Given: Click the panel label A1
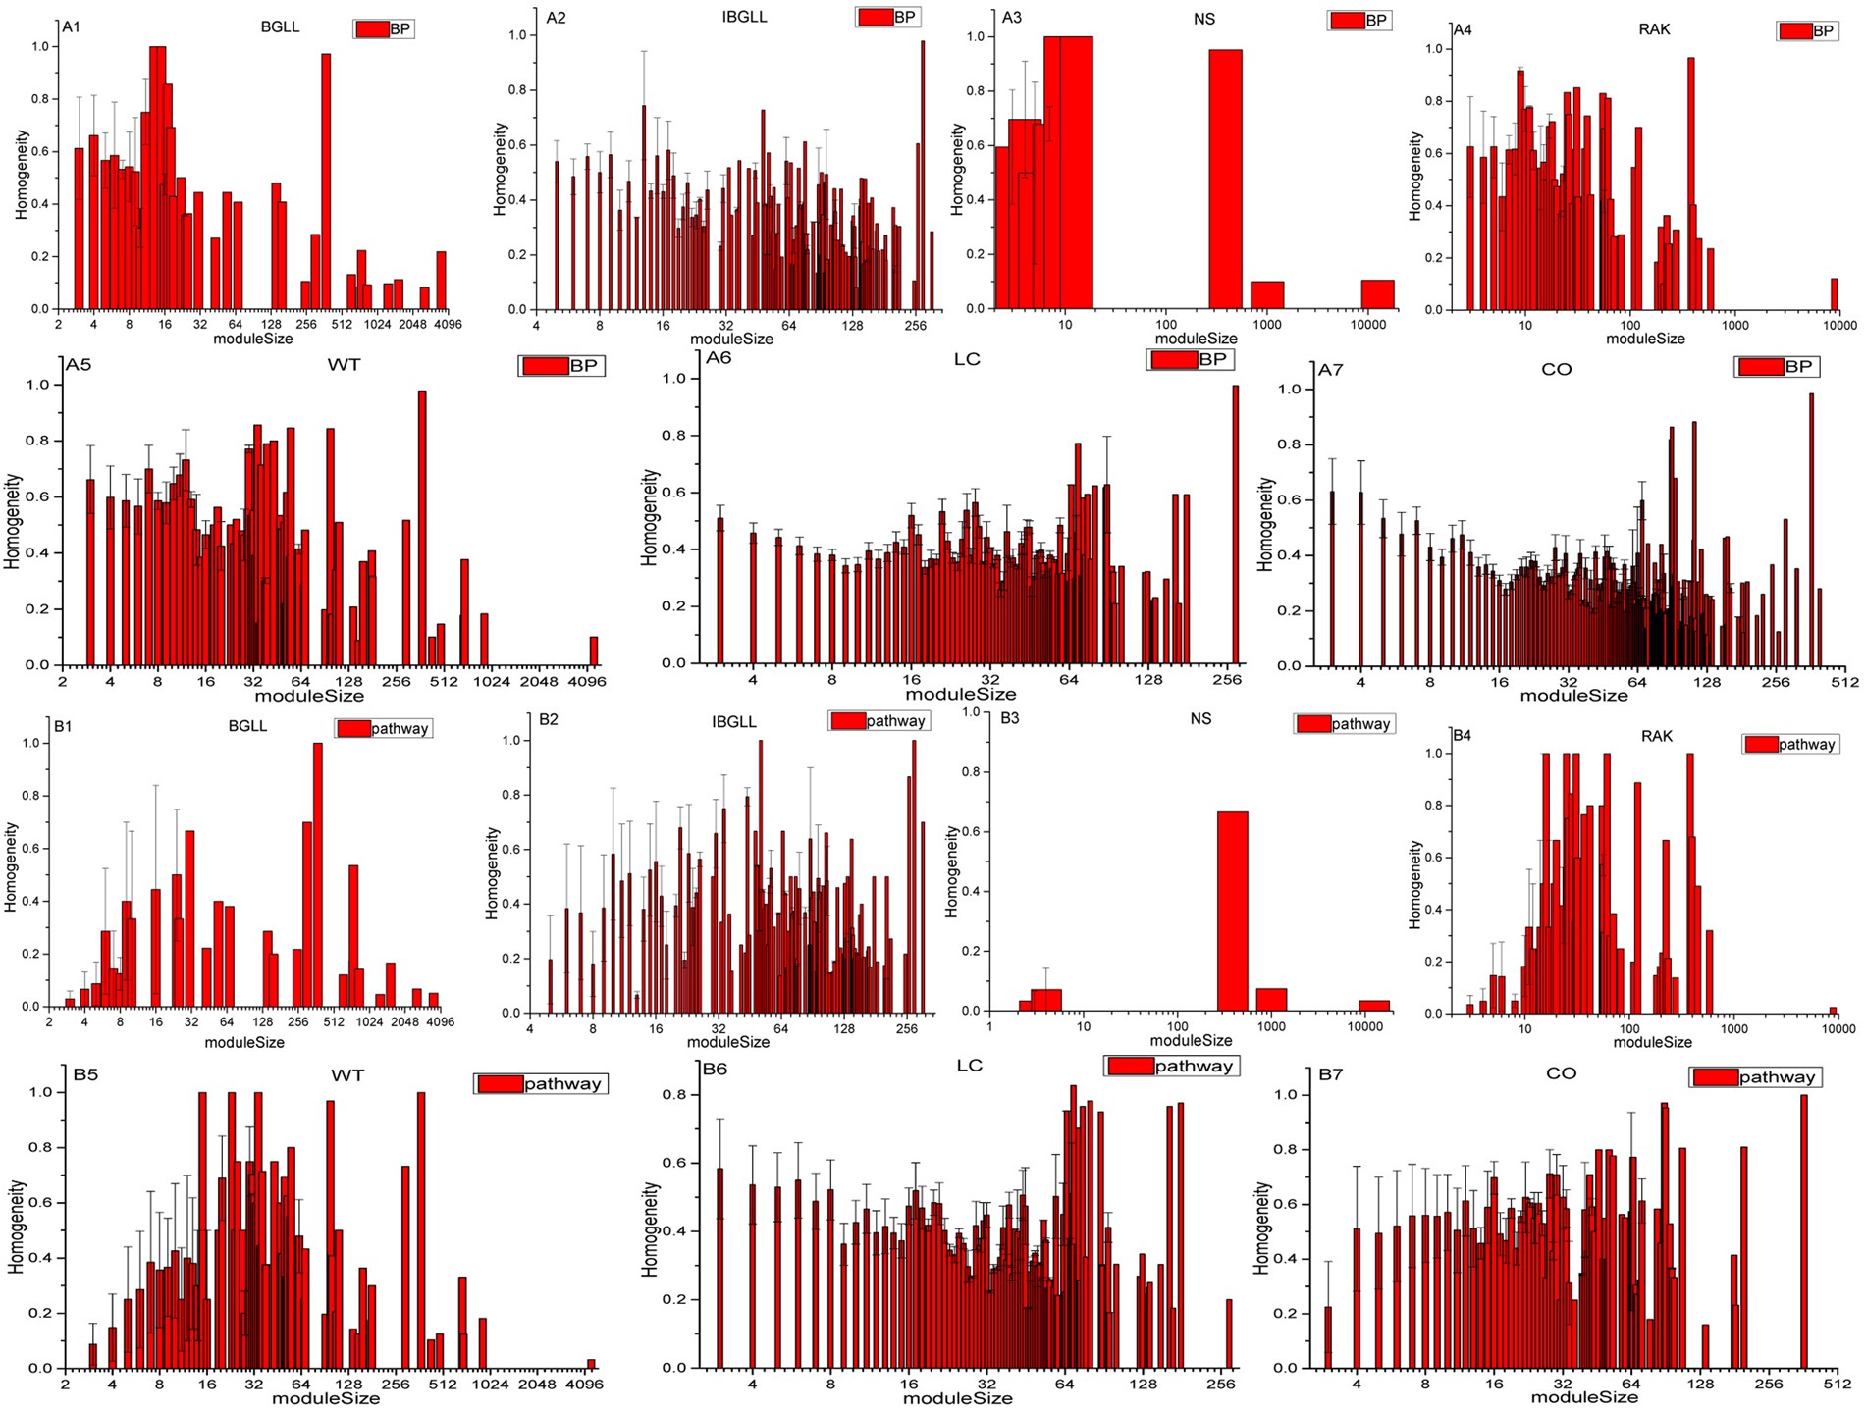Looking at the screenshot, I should (x=71, y=27).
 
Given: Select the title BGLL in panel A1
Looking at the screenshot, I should (x=280, y=27).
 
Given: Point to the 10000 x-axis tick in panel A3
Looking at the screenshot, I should (x=1367, y=324).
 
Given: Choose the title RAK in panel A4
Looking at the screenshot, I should (x=1654, y=29).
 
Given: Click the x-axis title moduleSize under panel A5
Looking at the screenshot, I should (x=309, y=696).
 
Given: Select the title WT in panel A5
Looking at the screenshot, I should (x=344, y=365).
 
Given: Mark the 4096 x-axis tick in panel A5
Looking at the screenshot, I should (x=588, y=681).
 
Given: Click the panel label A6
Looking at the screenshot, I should (x=719, y=358).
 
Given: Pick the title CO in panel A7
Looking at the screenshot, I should (x=1557, y=370).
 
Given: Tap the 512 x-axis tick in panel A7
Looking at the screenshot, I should (x=1843, y=682).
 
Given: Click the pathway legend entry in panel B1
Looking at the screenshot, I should (x=384, y=728).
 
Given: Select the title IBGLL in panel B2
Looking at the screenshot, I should (x=733, y=722).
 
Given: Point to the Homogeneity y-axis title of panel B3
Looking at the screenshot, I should (x=951, y=871).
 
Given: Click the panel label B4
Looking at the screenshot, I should (x=1462, y=735).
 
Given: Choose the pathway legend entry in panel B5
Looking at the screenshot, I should (x=541, y=1084).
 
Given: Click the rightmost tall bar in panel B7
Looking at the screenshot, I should (x=1803, y=1231).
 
